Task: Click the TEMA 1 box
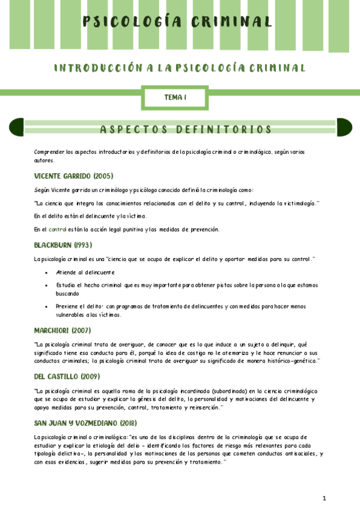coord(175,97)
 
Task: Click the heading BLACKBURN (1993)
coord(63,245)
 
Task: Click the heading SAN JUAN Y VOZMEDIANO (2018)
coord(85,423)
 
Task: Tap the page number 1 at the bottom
coord(324,498)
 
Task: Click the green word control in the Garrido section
coord(58,229)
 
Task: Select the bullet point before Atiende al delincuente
coord(47,272)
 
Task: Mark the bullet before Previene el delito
coord(47,307)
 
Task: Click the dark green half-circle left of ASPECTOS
coord(16,127)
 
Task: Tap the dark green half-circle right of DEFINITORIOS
coord(344,127)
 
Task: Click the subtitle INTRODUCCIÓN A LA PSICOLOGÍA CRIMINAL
coord(180,68)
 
